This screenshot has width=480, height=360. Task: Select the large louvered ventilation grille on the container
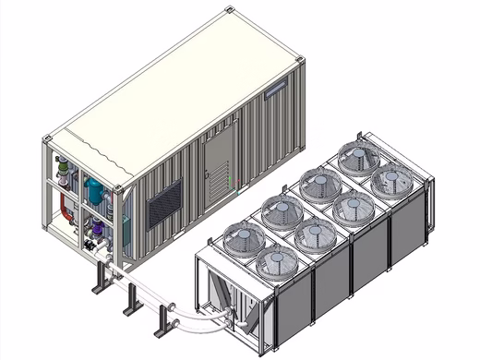165,202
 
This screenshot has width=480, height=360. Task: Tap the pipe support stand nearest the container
99,276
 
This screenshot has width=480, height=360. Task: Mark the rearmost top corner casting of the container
229,11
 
